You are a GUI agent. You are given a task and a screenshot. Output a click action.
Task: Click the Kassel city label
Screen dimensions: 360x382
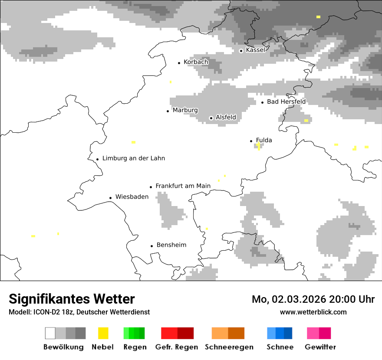255,50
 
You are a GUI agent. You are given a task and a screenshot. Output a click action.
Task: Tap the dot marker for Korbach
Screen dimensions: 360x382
179,63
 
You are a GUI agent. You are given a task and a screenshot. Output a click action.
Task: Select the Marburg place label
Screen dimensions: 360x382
185,110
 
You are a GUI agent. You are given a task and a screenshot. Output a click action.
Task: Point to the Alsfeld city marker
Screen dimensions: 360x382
211,118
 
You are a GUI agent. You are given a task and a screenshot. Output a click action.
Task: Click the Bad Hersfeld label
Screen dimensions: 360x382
286,101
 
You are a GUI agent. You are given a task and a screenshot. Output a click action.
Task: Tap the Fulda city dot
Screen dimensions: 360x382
251,141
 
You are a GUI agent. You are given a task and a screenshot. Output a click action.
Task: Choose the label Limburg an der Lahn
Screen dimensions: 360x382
133,158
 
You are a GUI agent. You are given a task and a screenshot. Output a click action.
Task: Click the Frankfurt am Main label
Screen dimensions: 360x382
183,186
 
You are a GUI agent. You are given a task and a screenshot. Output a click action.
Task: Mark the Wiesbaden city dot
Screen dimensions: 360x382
110,198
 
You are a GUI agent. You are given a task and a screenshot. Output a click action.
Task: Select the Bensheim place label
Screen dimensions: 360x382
171,245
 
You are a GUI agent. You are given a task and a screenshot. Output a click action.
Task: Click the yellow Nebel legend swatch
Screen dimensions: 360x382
103,333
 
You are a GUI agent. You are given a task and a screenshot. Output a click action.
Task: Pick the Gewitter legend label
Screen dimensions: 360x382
320,347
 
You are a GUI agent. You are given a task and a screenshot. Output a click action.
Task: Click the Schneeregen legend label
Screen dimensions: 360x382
229,347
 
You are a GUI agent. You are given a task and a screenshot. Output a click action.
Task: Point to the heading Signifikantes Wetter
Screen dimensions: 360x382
72,299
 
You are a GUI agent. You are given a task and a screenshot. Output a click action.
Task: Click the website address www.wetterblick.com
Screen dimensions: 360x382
313,312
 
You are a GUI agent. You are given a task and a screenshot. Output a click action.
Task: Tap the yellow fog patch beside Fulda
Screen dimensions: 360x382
259,146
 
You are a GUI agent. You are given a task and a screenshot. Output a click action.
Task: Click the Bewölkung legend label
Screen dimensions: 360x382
63,347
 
